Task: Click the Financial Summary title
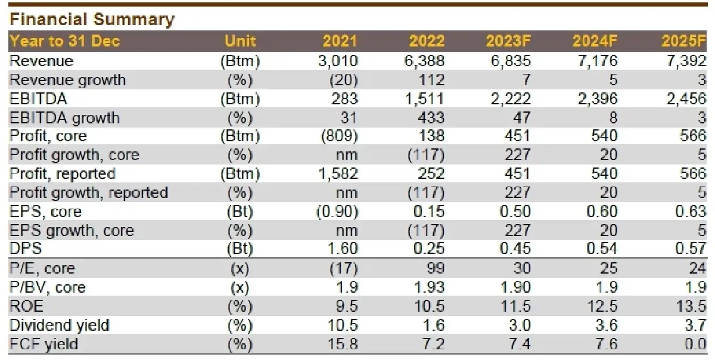coord(92,19)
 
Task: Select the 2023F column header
coord(508,41)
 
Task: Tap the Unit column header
coord(240,41)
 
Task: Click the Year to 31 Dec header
coord(65,41)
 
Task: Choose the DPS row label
coord(25,249)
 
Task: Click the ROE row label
coord(27,306)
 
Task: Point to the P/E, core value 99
coord(435,269)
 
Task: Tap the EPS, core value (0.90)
coord(338,212)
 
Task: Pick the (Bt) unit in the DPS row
coord(240,249)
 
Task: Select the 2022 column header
coord(427,41)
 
